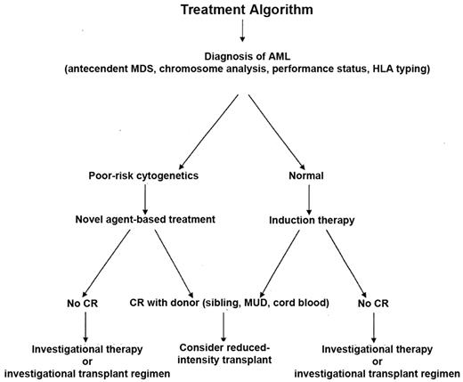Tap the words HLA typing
(402, 71)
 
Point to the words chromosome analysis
(203, 71)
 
